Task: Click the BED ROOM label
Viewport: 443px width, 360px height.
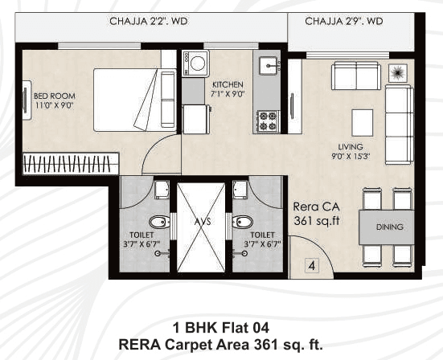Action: [54, 98]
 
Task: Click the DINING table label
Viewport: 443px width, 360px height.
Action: [389, 227]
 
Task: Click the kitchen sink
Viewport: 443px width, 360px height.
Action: [268, 64]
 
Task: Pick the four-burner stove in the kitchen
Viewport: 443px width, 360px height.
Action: [267, 121]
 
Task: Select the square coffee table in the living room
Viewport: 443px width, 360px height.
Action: [363, 121]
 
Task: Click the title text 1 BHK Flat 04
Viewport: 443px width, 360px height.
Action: [220, 327]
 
